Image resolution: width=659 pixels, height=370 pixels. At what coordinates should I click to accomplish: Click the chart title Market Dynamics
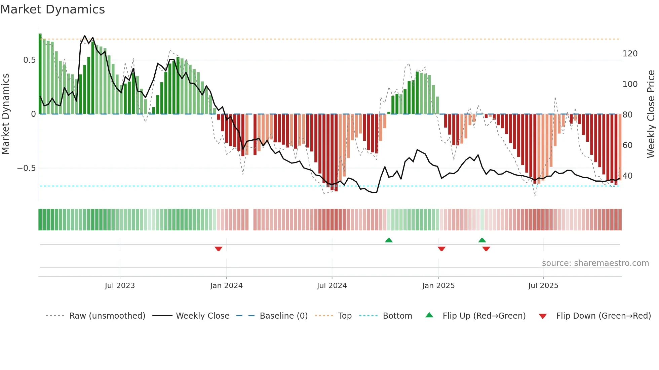click(x=52, y=9)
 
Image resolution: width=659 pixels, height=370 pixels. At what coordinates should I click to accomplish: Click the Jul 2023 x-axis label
click(x=120, y=286)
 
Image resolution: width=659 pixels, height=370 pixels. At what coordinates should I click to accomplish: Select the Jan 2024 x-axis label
click(x=226, y=286)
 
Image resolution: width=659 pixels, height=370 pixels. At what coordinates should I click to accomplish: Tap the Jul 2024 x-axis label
click(x=332, y=286)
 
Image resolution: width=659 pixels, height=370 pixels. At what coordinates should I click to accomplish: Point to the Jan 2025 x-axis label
click(x=438, y=286)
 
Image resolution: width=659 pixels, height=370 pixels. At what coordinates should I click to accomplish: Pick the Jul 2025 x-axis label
click(x=543, y=286)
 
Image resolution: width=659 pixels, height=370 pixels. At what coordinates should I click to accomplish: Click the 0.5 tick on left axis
click(x=29, y=60)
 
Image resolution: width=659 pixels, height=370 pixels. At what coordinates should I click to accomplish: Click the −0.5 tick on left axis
click(x=26, y=168)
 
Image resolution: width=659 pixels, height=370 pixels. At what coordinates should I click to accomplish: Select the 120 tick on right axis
click(x=630, y=54)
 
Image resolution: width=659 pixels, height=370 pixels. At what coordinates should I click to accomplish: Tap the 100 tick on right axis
click(x=630, y=84)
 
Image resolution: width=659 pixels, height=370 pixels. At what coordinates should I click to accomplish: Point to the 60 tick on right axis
click(x=627, y=145)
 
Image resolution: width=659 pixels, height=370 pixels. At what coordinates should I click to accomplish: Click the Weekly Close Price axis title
click(x=651, y=114)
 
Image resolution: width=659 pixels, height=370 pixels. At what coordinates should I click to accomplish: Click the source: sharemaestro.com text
click(x=595, y=263)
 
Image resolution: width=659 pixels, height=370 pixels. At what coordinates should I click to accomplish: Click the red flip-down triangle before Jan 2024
click(x=219, y=249)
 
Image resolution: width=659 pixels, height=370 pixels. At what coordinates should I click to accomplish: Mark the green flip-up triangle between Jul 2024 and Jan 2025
click(x=389, y=240)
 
